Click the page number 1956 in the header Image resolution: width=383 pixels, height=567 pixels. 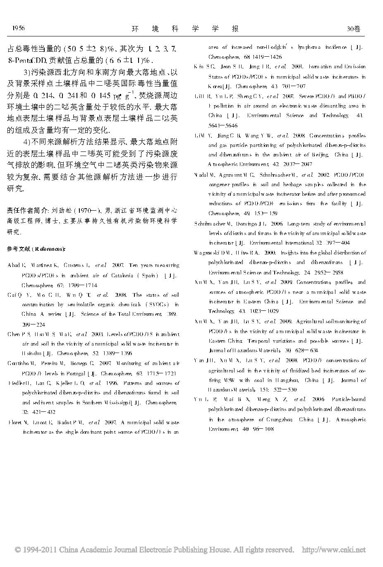click(x=19, y=28)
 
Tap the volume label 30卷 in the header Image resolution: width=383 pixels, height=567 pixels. click(x=354, y=29)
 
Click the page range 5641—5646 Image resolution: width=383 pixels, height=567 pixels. click(x=223, y=125)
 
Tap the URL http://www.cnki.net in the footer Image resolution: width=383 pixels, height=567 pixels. click(x=334, y=550)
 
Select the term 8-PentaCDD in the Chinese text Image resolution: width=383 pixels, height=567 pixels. click(x=25, y=60)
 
